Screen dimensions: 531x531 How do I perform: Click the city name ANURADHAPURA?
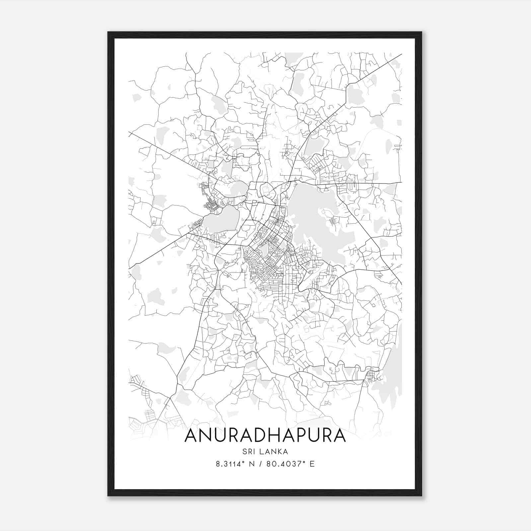point(265,435)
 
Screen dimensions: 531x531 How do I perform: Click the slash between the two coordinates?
point(259,464)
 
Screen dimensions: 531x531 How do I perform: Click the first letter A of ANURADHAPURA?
point(191,435)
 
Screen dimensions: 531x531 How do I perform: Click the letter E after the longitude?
point(312,464)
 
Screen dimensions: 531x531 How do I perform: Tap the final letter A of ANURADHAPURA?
point(339,435)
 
